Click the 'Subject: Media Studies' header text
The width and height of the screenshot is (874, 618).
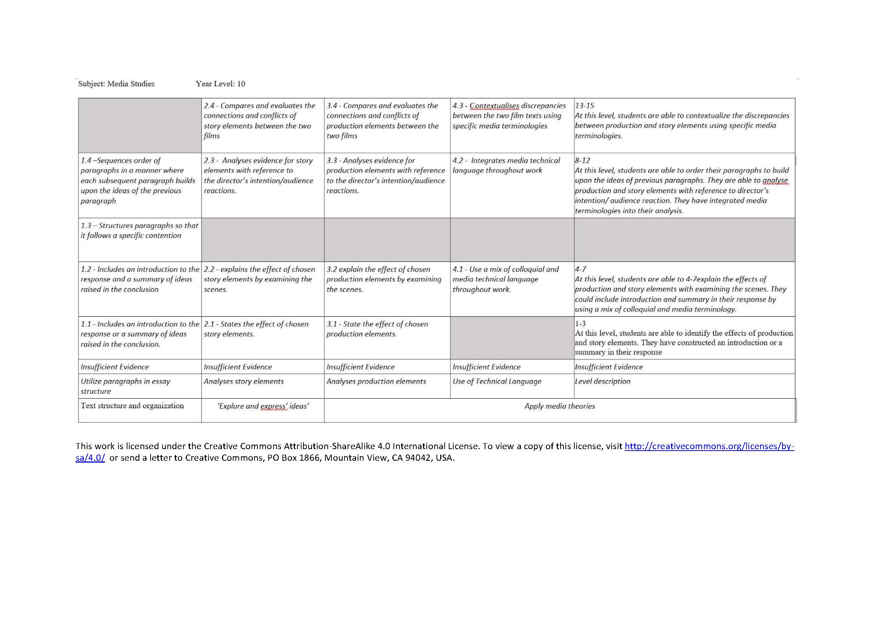coord(116,84)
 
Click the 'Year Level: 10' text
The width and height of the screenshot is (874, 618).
coord(220,84)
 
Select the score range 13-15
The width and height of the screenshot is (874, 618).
coord(584,105)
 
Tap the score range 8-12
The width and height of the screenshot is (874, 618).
coord(583,160)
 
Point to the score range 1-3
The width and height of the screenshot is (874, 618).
coord(580,324)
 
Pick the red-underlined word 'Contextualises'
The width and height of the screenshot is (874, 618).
coord(494,106)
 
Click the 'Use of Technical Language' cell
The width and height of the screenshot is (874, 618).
coord(496,381)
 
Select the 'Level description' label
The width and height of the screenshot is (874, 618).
coord(602,381)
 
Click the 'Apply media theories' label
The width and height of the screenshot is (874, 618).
coord(559,406)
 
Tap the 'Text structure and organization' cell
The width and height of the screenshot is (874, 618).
coord(132,406)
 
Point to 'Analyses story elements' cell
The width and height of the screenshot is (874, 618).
coord(244,381)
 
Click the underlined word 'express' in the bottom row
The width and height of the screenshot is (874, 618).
coord(273,407)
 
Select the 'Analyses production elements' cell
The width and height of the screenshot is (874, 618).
coord(376,381)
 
